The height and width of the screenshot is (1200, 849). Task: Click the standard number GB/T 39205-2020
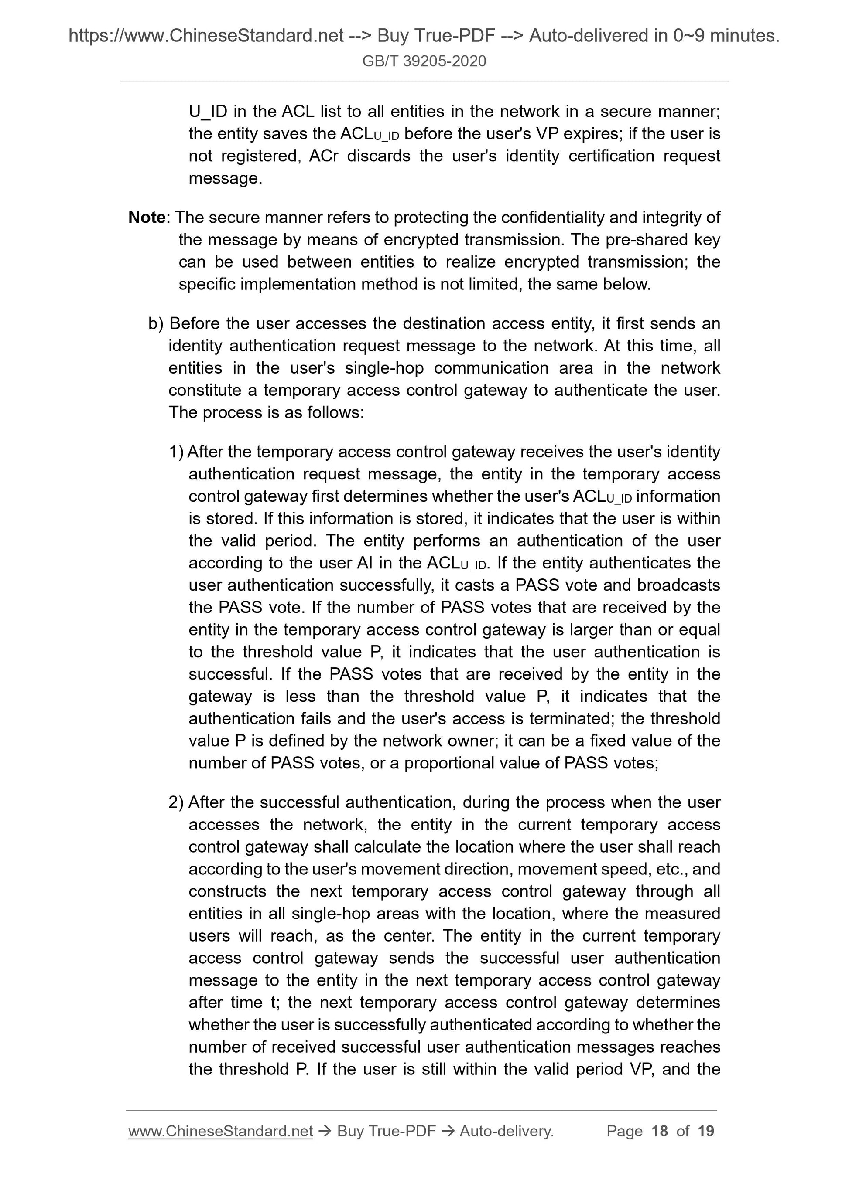coord(424,61)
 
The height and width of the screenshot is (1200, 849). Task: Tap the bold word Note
coord(147,218)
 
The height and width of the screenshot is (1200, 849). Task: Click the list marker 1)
coord(176,452)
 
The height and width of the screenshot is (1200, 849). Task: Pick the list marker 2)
coord(176,803)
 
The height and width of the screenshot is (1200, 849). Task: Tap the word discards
coord(379,156)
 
